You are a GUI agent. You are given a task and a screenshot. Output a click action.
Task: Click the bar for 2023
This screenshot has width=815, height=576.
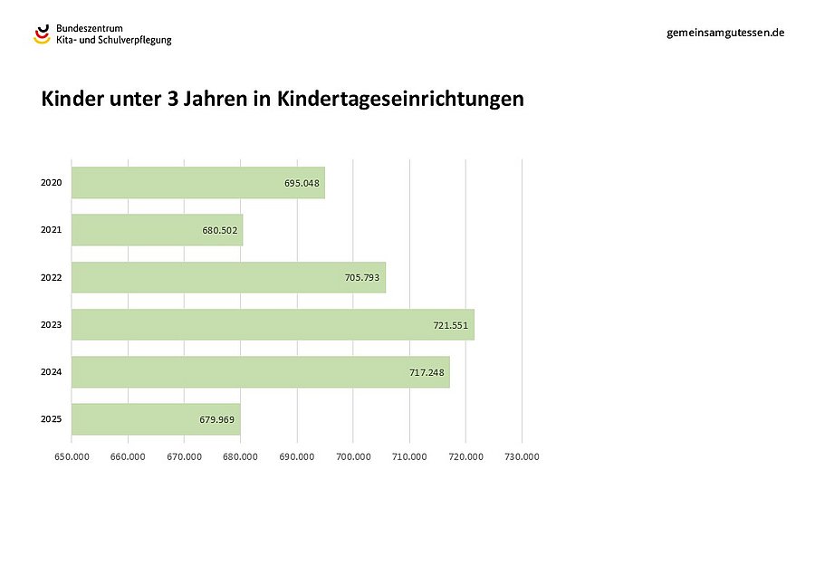(272, 324)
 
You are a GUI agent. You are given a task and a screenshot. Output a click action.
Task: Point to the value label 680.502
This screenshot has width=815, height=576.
(220, 231)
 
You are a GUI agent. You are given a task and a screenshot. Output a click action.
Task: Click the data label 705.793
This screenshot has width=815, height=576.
(362, 278)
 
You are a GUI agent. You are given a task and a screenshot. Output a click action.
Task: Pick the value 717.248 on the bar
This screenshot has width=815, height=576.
(427, 372)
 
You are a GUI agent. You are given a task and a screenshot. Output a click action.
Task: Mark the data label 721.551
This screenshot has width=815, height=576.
(451, 325)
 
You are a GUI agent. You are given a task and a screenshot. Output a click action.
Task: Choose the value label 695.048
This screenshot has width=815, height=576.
(302, 183)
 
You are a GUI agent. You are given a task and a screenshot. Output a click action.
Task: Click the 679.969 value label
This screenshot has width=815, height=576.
(217, 420)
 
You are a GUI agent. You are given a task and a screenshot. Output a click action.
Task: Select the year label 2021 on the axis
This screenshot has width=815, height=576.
(51, 230)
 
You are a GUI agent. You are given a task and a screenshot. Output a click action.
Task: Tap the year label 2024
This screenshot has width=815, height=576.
(51, 372)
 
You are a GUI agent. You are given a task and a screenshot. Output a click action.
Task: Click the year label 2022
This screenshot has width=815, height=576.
(51, 277)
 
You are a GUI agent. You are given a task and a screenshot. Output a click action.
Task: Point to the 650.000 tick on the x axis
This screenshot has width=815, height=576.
(72, 456)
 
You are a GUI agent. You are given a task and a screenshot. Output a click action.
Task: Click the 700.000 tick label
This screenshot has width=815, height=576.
(353, 456)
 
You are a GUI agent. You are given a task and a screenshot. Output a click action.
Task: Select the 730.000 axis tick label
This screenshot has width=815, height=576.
(522, 456)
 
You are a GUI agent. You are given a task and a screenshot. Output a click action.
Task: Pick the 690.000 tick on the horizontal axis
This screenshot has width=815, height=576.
(297, 456)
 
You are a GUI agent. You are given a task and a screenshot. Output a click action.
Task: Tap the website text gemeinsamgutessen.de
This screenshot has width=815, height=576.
(724, 32)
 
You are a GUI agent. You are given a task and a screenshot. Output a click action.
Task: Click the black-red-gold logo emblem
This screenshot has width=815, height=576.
(43, 34)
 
